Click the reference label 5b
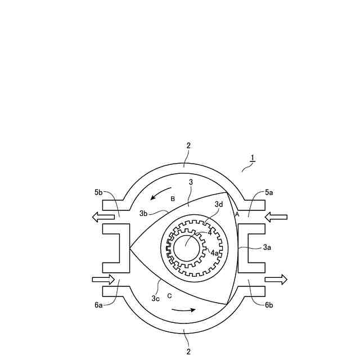click(98, 192)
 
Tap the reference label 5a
click(269, 192)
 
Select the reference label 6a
click(98, 305)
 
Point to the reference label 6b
click(269, 305)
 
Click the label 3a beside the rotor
click(267, 247)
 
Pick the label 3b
click(143, 214)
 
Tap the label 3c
click(155, 299)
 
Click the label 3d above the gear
click(219, 204)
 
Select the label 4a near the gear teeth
click(215, 253)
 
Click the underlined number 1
click(253, 158)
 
